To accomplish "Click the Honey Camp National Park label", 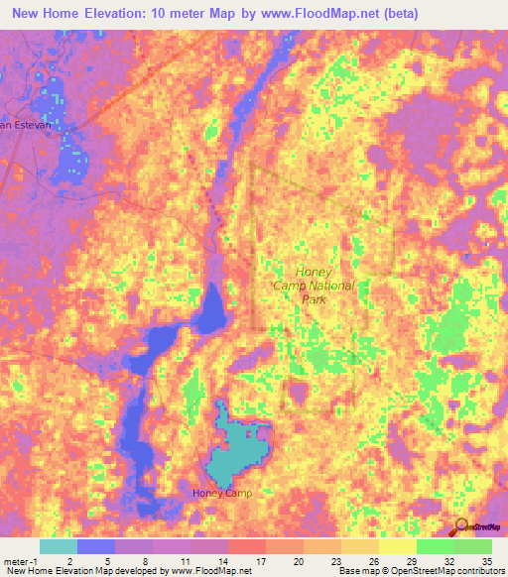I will click(x=313, y=284).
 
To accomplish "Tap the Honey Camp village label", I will click(x=222, y=493).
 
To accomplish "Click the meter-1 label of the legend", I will click(x=20, y=560).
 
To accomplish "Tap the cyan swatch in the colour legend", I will click(x=59, y=546).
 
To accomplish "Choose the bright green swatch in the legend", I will click(x=436, y=546).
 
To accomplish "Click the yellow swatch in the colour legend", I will click(x=398, y=546).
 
